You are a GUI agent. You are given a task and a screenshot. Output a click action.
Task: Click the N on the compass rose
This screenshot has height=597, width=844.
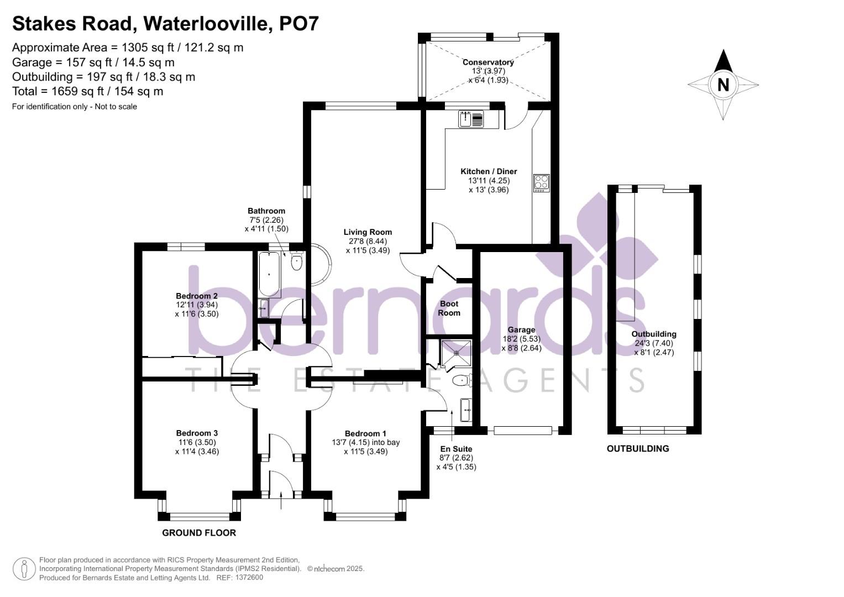723,85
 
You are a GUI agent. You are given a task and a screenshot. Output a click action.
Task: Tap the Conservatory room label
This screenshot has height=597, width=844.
488,62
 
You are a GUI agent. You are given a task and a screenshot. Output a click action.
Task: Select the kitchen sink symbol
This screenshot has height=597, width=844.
471,119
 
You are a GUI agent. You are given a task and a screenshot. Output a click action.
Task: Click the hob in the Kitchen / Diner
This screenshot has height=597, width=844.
541,183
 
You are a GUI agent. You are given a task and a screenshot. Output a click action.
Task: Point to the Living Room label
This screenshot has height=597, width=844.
368,232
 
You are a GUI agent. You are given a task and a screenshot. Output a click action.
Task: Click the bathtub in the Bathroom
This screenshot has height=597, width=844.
269,274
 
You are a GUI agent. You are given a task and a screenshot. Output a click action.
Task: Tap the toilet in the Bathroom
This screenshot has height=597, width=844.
296,261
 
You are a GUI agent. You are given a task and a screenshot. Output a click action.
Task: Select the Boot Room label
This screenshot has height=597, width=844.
449,308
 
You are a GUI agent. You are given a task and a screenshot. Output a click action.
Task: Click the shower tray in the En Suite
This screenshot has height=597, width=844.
457,353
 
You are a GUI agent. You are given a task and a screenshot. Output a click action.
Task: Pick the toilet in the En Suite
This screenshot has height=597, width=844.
460,381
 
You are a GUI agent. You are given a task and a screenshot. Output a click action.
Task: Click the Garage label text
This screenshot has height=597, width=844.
521,330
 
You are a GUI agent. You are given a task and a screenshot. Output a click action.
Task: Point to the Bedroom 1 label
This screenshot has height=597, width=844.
365,433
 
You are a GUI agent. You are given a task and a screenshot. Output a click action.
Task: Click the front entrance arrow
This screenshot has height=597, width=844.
281,502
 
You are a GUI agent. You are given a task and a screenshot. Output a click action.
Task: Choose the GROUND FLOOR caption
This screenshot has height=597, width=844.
199,533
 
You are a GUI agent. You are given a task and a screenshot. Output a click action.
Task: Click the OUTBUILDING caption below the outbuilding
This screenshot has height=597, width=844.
638,448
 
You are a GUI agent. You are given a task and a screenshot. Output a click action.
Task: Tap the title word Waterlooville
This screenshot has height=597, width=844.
208,24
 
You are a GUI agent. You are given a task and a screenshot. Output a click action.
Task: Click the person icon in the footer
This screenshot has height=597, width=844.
24,569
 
